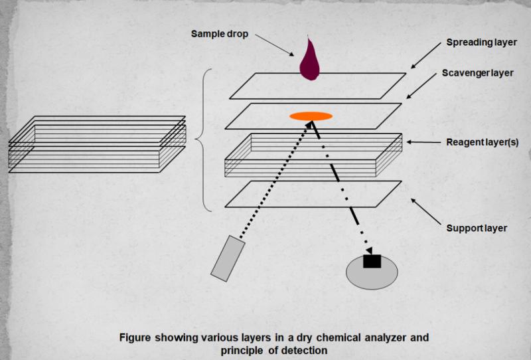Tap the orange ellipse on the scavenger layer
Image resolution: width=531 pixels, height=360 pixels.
pyautogui.click(x=311, y=116)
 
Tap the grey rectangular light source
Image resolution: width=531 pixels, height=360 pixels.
pyautogui.click(x=227, y=256)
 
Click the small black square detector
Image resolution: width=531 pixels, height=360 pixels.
pyautogui.click(x=372, y=261)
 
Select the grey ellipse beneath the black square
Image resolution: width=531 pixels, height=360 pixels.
pyautogui.click(x=372, y=274)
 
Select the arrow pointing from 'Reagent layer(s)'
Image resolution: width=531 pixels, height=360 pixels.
pyautogui.click(x=416, y=141)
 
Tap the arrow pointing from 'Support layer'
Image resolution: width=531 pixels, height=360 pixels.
pyautogui.click(x=425, y=209)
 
